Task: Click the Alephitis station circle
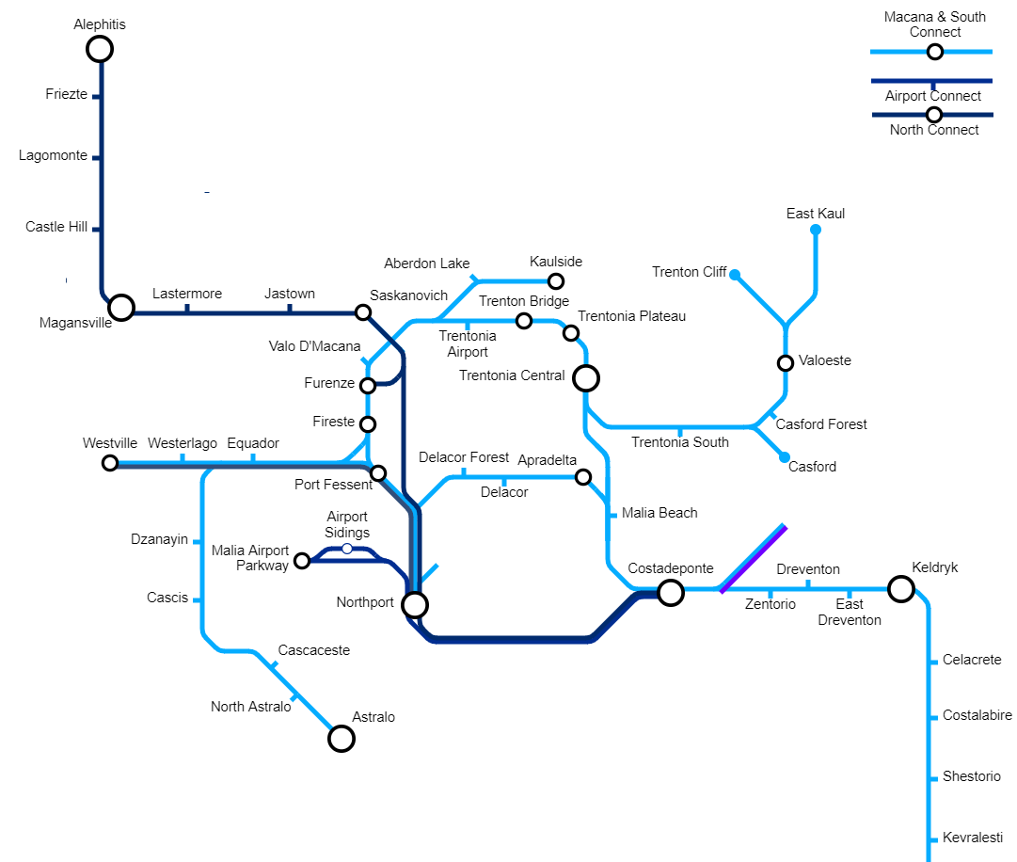[100, 49]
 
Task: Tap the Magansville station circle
[120, 308]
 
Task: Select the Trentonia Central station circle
[586, 378]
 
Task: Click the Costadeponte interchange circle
[670, 592]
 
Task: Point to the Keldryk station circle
[901, 589]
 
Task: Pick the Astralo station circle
[341, 739]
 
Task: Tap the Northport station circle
[415, 604]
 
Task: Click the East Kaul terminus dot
[816, 230]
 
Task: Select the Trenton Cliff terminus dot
[735, 275]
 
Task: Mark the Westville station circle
[110, 463]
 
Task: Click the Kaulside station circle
[556, 280]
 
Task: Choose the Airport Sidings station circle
[347, 549]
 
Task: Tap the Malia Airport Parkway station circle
[302, 561]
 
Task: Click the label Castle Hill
[56, 227]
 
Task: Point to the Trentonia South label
[679, 442]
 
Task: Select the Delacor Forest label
[464, 458]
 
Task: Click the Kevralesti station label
[972, 838]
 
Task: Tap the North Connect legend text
[934, 130]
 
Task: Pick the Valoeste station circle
[786, 362]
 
